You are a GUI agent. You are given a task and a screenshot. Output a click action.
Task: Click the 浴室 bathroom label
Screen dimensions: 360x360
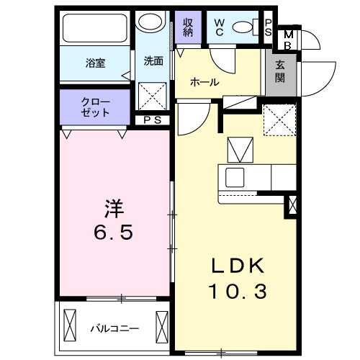95,63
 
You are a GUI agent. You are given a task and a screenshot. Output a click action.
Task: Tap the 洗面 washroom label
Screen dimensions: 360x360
153,61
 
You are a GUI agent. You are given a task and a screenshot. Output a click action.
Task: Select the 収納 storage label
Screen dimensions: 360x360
188,27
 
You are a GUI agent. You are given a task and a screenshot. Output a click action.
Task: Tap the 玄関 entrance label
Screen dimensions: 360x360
279,69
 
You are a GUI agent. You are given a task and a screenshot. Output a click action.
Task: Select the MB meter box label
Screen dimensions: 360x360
288,39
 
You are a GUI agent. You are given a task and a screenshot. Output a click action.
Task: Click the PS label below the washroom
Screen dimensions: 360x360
152,120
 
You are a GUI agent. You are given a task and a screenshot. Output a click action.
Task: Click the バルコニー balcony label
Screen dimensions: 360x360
114,329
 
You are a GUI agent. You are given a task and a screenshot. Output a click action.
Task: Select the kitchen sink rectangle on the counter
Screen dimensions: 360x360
235,177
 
